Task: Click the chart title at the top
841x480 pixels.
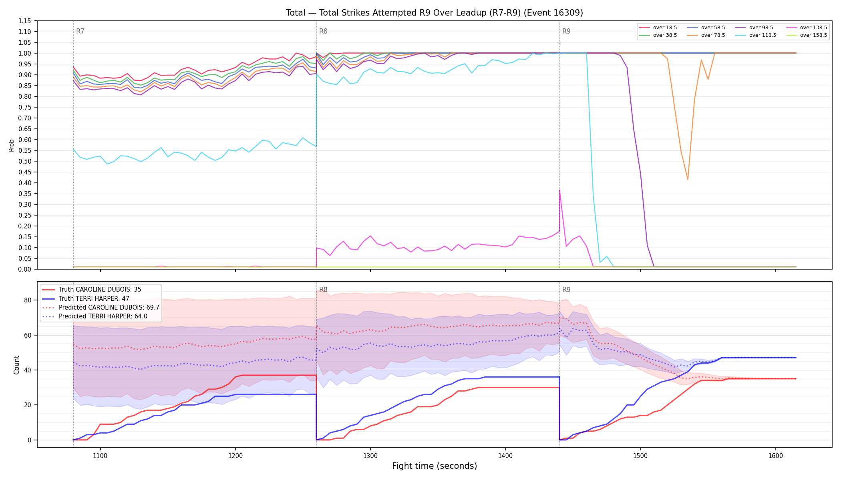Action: pyautogui.click(x=434, y=13)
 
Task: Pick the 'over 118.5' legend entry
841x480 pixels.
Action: pyautogui.click(x=756, y=35)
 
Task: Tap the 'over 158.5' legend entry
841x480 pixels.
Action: pyautogui.click(x=807, y=35)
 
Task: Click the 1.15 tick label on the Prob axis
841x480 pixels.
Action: pyautogui.click(x=25, y=21)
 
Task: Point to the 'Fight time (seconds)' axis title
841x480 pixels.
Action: pyautogui.click(x=435, y=466)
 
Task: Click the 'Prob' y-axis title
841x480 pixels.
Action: pyautogui.click(x=12, y=145)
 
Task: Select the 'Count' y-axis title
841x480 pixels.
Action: pyautogui.click(x=16, y=365)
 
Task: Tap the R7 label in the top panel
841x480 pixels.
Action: pyautogui.click(x=80, y=31)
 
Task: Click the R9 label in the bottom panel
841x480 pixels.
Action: pyautogui.click(x=566, y=290)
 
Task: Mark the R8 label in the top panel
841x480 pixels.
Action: pyautogui.click(x=323, y=31)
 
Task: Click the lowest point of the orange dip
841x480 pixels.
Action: pyautogui.click(x=688, y=180)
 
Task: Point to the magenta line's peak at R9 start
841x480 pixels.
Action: pyautogui.click(x=559, y=190)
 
